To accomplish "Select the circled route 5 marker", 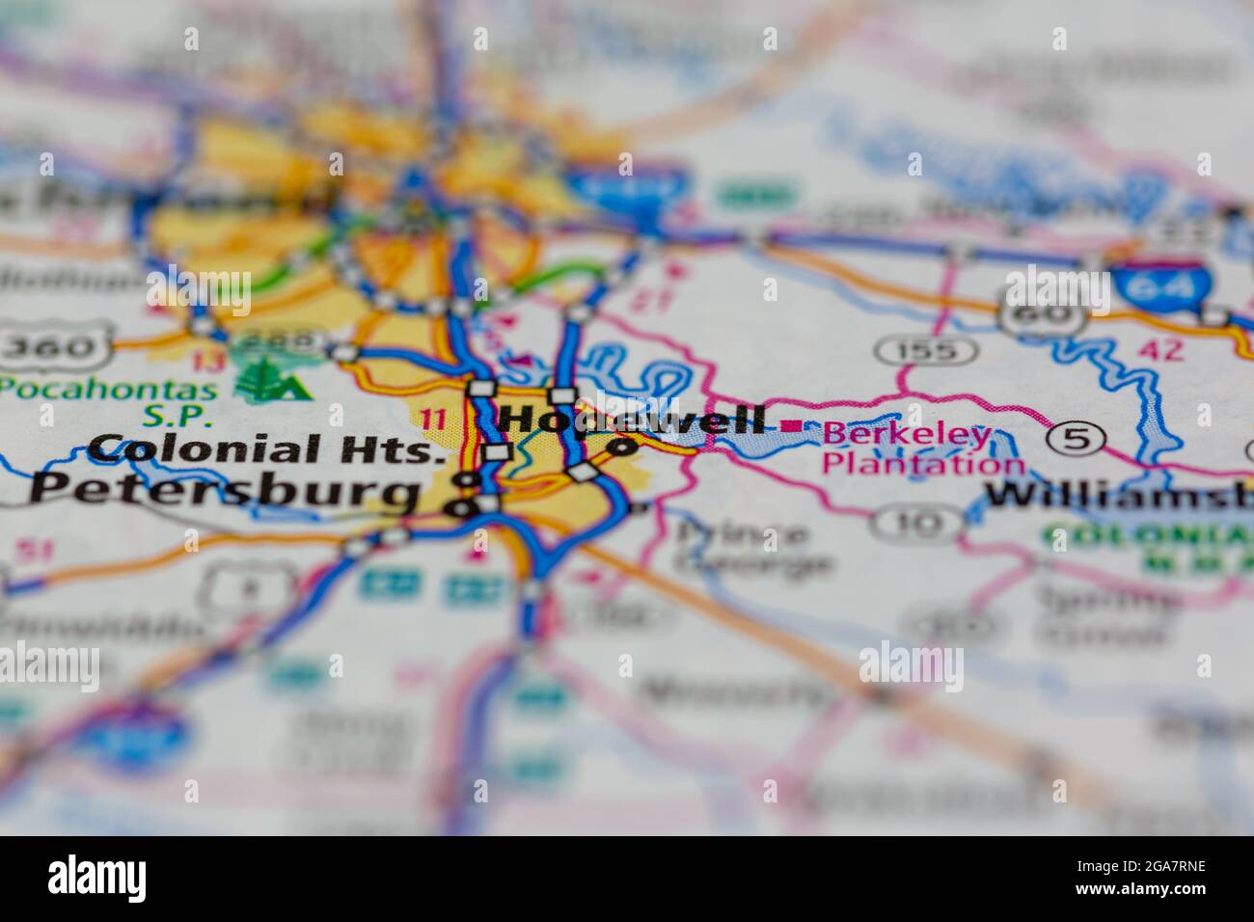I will point(1077,440).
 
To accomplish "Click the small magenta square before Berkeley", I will point(793,425).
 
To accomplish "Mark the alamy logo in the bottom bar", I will point(97,878).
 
